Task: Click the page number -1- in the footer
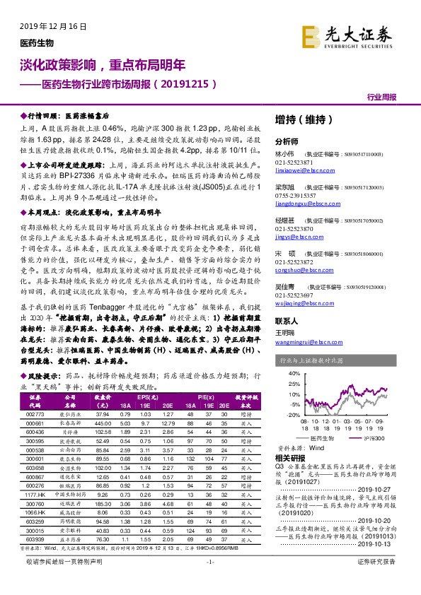click(210, 581)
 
